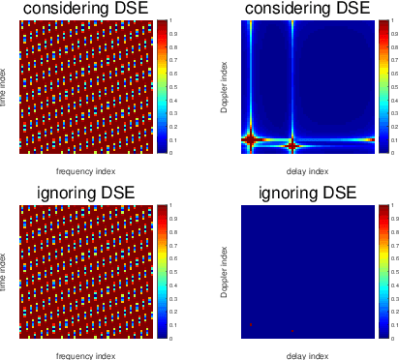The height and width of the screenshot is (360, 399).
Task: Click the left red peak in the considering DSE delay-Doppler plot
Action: tap(251, 139)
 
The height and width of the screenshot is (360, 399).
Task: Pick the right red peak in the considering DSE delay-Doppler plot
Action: tap(292, 145)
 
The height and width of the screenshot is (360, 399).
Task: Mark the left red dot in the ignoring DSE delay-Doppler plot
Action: tap(251, 325)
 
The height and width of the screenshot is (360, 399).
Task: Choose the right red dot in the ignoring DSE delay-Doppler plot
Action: tap(292, 331)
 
